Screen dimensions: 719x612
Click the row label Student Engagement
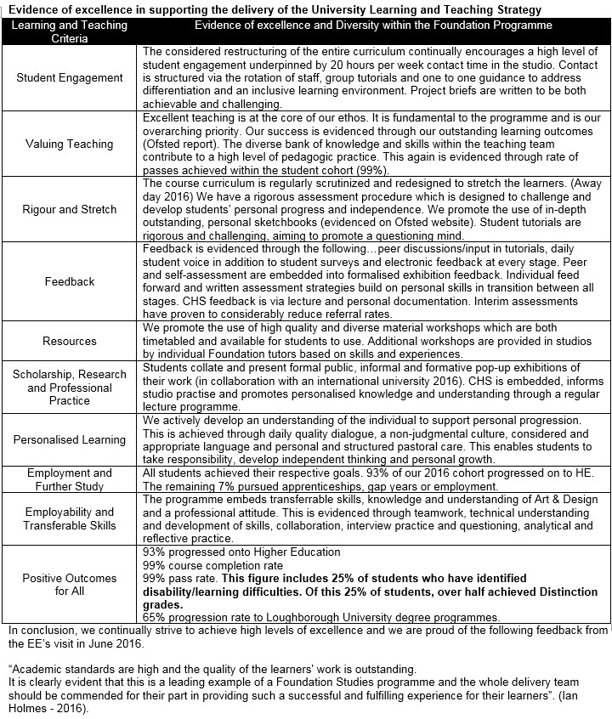click(70, 77)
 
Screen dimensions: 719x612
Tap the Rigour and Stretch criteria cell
click(70, 210)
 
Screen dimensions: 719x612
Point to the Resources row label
click(70, 341)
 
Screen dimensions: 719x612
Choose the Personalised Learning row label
click(70, 439)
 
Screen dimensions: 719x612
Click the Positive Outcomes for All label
click(70, 585)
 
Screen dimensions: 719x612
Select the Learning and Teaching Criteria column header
click(70, 31)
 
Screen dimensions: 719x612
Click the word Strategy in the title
click(509, 9)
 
